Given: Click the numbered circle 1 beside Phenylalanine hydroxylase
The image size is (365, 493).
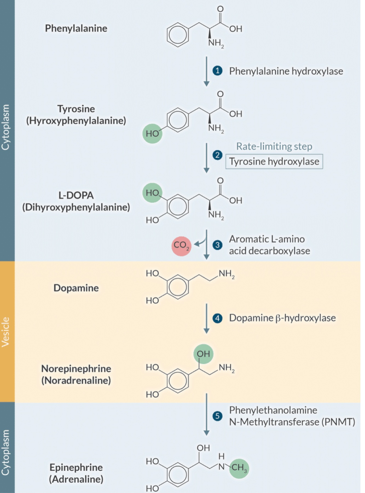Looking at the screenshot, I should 217,71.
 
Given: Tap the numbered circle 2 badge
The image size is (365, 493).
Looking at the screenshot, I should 217,155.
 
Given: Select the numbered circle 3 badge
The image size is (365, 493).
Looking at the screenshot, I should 217,245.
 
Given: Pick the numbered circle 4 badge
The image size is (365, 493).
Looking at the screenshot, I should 217,318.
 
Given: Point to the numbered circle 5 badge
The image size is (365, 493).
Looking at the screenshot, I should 217,416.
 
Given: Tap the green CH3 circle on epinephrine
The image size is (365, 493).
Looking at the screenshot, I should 239,468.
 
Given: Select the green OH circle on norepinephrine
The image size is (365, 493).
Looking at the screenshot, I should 203,354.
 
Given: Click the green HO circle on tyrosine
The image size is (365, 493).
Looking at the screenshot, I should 152,133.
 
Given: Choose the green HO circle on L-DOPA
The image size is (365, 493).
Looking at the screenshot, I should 152,193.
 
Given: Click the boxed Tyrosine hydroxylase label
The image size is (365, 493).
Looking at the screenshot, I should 274,162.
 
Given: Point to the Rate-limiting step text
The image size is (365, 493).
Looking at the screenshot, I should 274,146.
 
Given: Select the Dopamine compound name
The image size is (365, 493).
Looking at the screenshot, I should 76,288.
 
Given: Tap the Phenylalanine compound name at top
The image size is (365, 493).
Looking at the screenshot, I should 76,28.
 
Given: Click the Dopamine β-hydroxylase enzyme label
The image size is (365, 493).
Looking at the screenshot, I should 282,318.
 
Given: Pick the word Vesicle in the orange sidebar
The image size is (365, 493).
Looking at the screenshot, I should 6,332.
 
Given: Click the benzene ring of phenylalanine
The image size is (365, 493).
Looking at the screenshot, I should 178,35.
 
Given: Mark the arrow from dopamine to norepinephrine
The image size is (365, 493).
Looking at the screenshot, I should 207,318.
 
